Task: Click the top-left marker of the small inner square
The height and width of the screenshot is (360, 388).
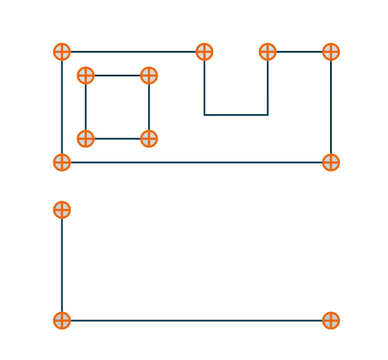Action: tap(86, 75)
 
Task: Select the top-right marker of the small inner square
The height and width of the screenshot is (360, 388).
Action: tap(149, 75)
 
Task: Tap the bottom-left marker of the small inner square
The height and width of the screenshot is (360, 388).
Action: tap(86, 138)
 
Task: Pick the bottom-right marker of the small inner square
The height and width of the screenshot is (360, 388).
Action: tap(149, 138)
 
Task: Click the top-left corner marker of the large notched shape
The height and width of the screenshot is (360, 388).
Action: tap(62, 52)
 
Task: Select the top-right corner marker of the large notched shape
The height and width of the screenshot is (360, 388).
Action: tap(331, 52)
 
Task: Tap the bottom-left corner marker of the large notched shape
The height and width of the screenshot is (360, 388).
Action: tap(62, 162)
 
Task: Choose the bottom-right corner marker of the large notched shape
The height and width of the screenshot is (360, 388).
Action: tap(331, 162)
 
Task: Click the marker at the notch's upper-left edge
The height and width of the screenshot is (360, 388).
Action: tap(204, 52)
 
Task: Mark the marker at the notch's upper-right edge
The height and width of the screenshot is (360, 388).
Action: tap(268, 52)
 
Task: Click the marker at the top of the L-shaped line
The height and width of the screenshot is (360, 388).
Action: tap(62, 210)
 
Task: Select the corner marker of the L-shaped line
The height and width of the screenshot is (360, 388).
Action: tap(62, 320)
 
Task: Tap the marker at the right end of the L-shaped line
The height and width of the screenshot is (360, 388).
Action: tap(331, 320)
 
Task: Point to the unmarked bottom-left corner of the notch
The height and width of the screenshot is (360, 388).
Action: tap(204, 115)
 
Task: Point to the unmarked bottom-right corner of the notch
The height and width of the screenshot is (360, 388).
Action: tap(268, 115)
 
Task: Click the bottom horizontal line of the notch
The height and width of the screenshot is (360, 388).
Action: tap(236, 115)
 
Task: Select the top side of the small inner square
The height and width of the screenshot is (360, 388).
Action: tap(117, 75)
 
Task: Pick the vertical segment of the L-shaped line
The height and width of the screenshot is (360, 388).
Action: tap(62, 265)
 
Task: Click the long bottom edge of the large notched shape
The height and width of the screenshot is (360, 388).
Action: tap(196, 162)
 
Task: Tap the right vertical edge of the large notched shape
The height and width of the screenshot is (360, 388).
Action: tap(331, 107)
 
